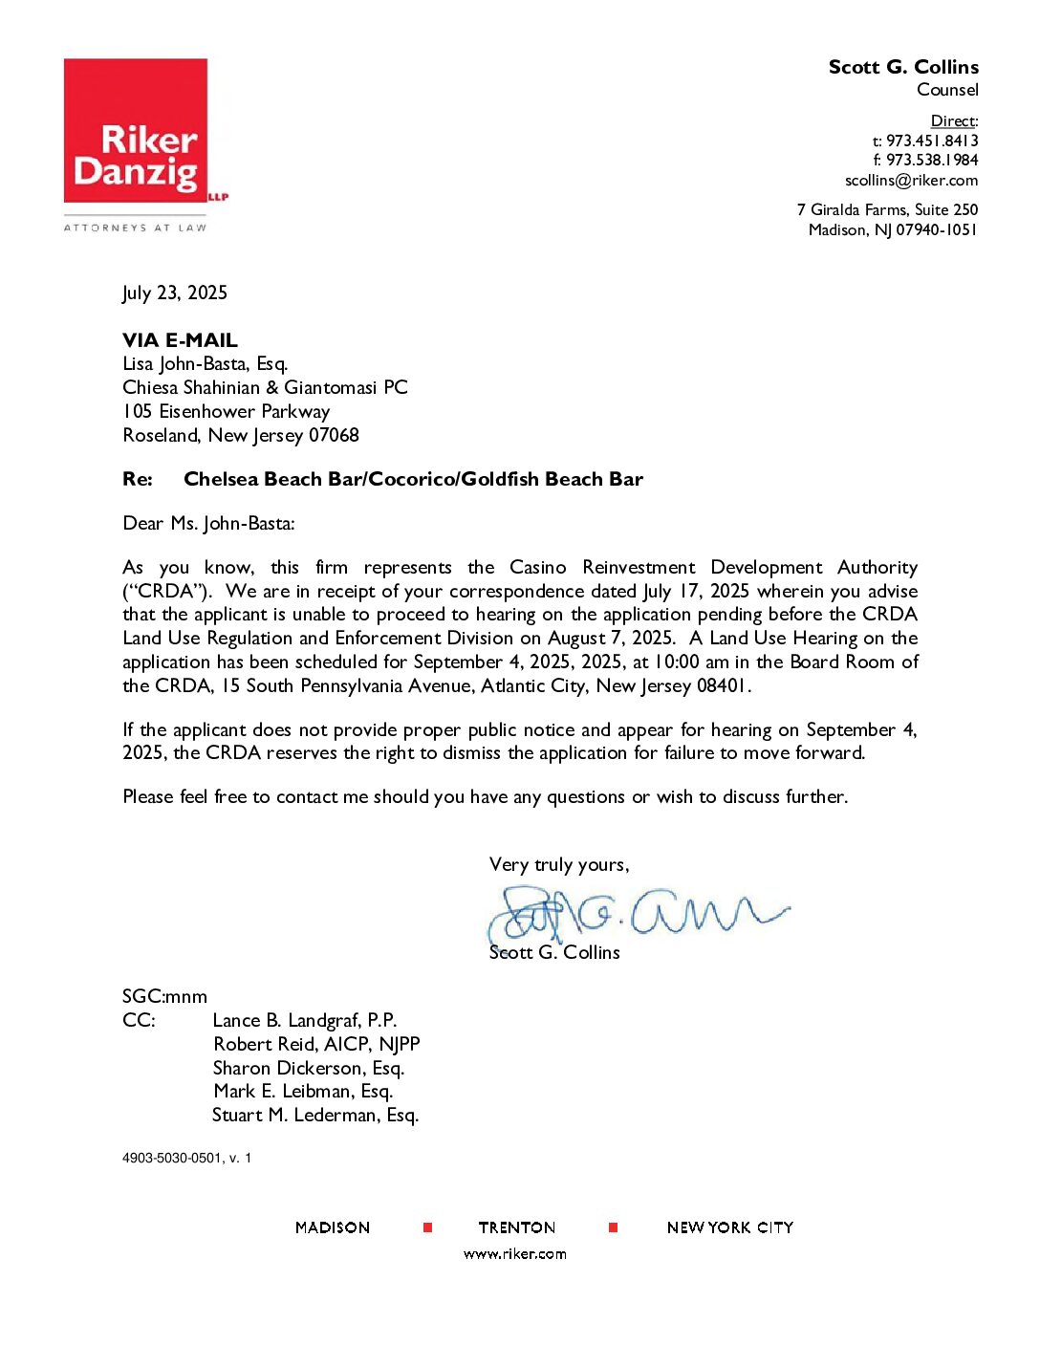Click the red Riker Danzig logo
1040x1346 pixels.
point(136,131)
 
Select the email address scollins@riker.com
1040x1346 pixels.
point(911,181)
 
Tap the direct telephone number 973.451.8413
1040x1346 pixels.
point(932,141)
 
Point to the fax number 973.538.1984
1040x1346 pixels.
point(932,161)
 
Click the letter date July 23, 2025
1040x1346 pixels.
point(175,293)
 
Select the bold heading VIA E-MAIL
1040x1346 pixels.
point(180,340)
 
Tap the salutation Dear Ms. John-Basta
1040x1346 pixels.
point(208,523)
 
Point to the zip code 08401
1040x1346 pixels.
point(723,685)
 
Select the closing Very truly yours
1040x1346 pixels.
point(559,864)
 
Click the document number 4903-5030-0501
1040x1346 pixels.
point(172,1158)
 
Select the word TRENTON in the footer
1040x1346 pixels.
point(517,1227)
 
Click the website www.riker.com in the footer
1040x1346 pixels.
point(515,1254)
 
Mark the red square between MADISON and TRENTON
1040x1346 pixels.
point(427,1227)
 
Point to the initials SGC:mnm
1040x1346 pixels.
point(164,996)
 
